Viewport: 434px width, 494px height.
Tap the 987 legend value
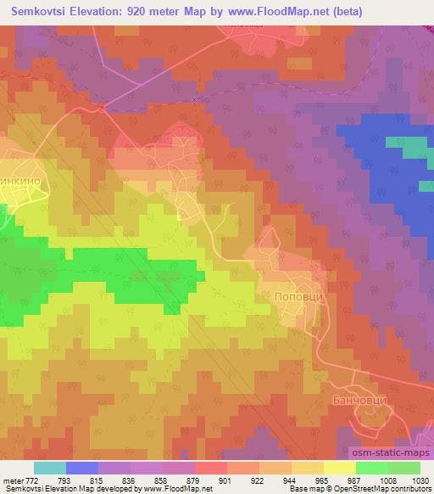pos(322,480)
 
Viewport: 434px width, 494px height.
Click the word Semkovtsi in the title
pos(36,13)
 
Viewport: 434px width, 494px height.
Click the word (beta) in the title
pos(409,13)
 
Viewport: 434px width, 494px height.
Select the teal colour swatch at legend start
pos(49,468)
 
